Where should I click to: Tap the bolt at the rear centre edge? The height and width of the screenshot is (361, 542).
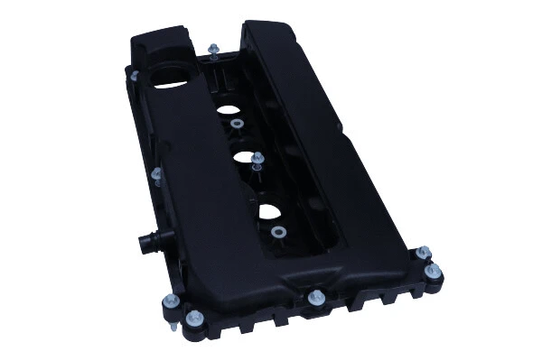click(213, 51)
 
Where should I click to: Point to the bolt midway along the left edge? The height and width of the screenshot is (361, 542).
click(156, 171)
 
